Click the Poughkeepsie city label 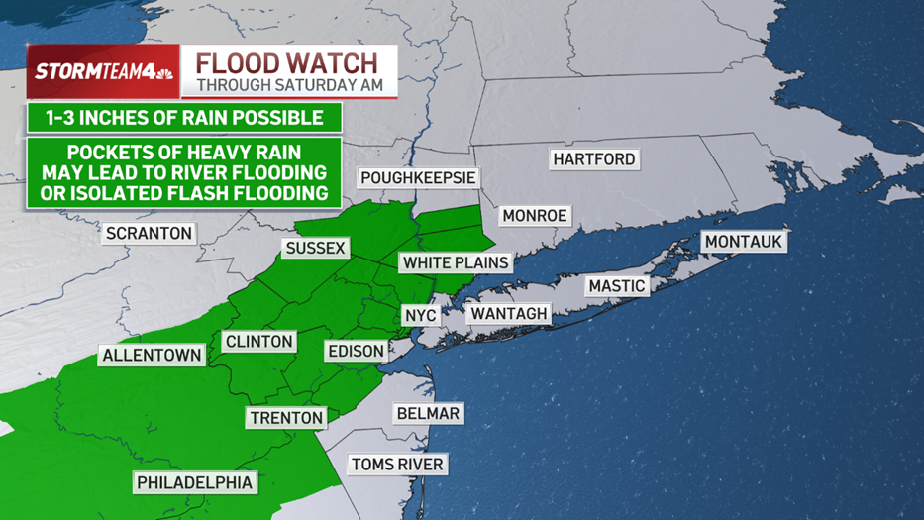[x=418, y=178]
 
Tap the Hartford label [x=594, y=159]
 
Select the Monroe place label [x=535, y=216]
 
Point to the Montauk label [x=744, y=242]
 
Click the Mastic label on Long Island [x=617, y=286]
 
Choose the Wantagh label [x=509, y=313]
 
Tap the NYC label [x=420, y=315]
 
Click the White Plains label [x=456, y=262]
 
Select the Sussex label [x=315, y=248]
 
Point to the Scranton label [x=149, y=234]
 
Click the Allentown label [x=153, y=355]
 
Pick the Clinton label [x=259, y=342]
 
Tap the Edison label [x=356, y=351]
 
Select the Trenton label [x=286, y=417]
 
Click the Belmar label [x=428, y=413]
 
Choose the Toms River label [x=398, y=465]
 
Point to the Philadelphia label [x=195, y=482]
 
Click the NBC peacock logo [x=163, y=72]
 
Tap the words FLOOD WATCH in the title [x=287, y=63]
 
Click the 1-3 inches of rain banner [x=185, y=118]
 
